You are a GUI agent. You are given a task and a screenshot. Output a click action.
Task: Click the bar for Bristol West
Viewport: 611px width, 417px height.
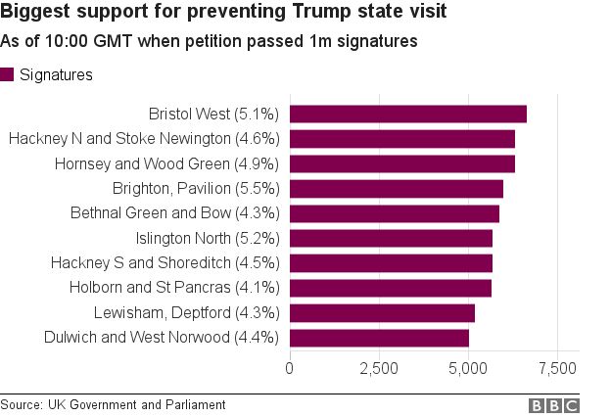pyautogui.click(x=407, y=114)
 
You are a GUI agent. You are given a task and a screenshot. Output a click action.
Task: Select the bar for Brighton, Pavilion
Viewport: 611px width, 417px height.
pyautogui.click(x=396, y=188)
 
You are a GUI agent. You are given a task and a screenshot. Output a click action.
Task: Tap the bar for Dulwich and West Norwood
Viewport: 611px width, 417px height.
pyautogui.click(x=379, y=338)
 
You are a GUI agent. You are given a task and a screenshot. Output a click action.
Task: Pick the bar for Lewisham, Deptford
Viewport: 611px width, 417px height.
pyautogui.click(x=382, y=312)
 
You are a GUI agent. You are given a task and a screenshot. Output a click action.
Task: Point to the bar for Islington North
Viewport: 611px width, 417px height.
pyautogui.click(x=391, y=238)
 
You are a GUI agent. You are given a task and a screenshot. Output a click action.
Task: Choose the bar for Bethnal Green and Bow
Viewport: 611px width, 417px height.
pyautogui.click(x=394, y=213)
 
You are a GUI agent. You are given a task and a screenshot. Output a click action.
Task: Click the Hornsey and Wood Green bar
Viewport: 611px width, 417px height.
pyautogui.click(x=401, y=163)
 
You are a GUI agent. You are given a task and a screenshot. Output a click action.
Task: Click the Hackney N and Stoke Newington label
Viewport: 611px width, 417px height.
pyautogui.click(x=144, y=139)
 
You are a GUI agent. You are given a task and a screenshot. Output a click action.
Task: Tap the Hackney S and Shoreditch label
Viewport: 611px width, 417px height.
pyautogui.click(x=165, y=262)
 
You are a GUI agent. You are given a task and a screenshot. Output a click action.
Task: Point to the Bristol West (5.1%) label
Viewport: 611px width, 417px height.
pyautogui.click(x=214, y=114)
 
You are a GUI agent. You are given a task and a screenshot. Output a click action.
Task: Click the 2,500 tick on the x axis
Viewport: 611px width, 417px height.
pyautogui.click(x=379, y=369)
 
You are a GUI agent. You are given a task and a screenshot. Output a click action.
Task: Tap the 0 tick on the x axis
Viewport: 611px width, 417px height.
pyautogui.click(x=290, y=369)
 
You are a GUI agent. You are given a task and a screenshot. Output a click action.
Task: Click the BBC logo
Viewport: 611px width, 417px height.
pyautogui.click(x=554, y=405)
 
